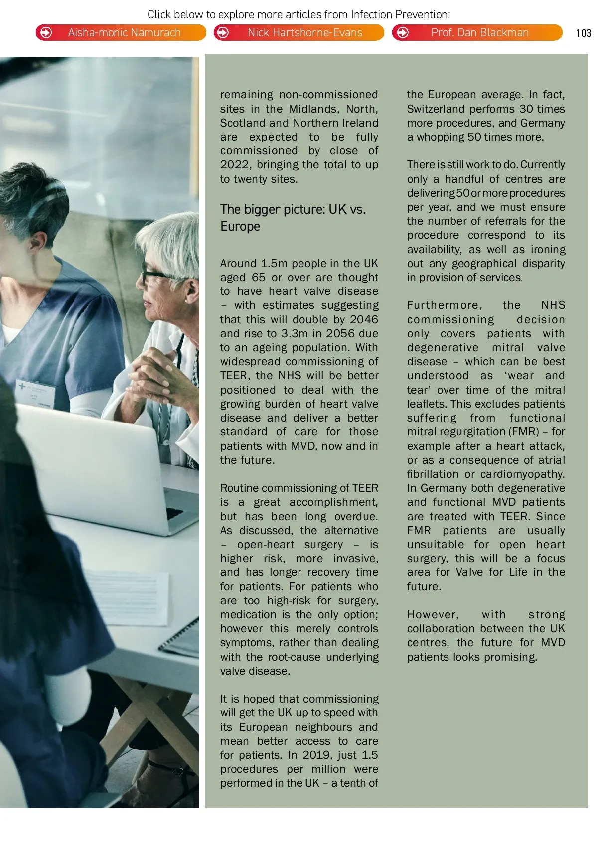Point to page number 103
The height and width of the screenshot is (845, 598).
click(583, 33)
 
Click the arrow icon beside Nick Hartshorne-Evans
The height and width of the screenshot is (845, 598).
click(223, 33)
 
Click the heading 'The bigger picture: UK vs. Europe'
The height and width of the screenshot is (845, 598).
click(293, 218)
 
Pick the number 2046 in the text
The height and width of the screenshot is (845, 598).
click(364, 319)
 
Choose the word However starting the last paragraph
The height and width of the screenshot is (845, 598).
click(433, 615)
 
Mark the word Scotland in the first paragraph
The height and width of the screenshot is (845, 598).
click(243, 123)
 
